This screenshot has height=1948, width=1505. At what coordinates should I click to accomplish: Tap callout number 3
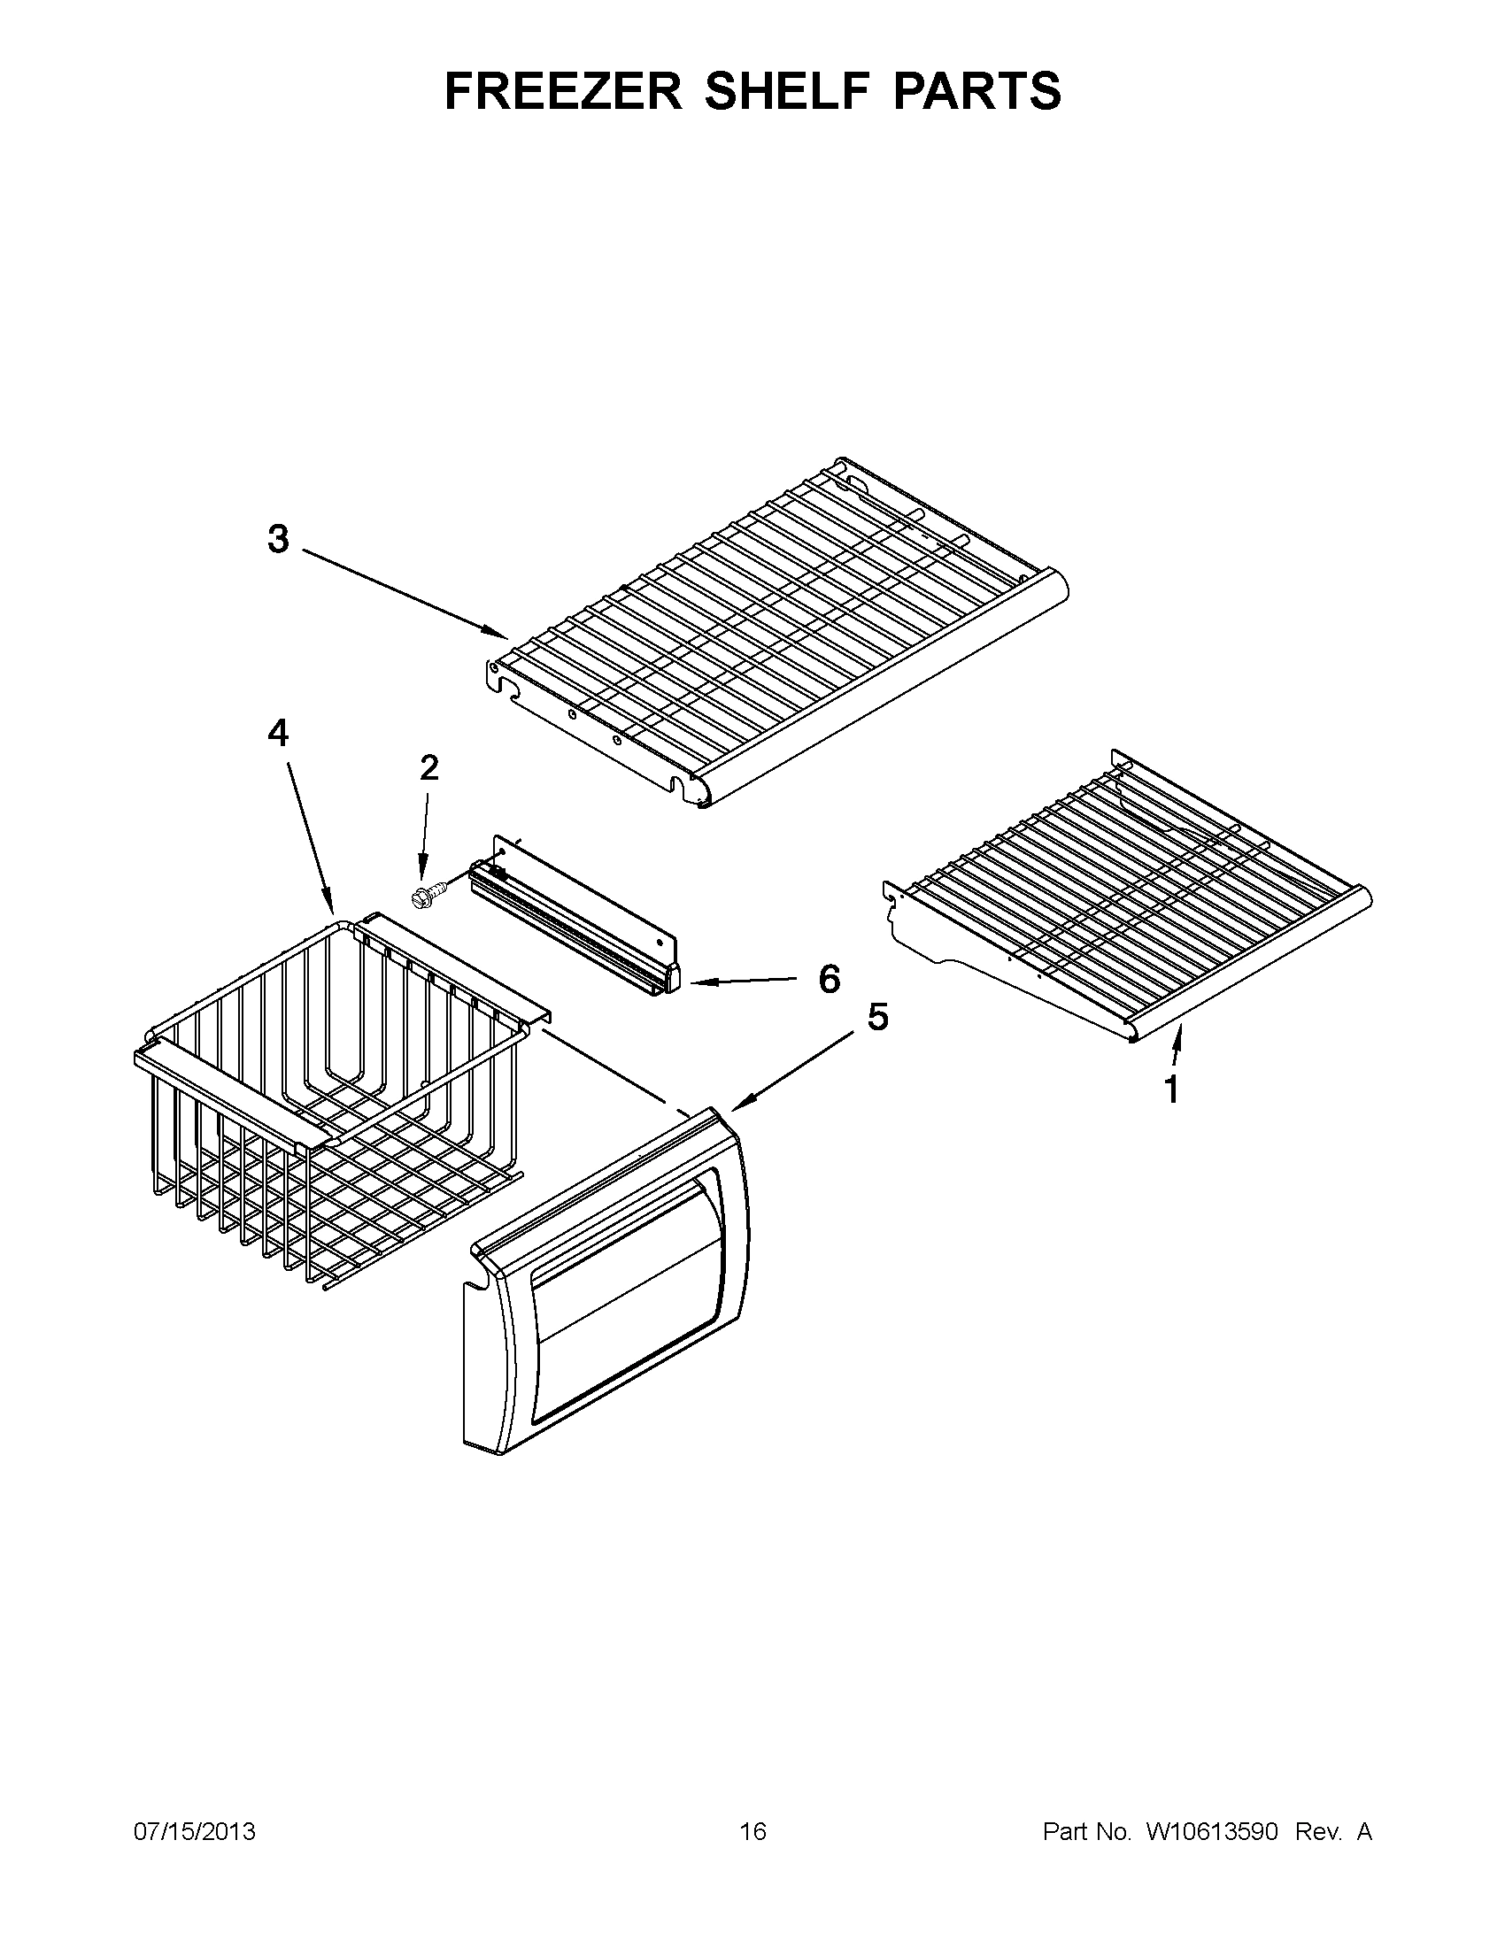click(278, 540)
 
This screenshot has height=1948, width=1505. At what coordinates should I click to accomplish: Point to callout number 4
click(278, 733)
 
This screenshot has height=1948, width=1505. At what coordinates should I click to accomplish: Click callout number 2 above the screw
click(429, 768)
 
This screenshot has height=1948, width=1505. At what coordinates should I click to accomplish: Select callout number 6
click(829, 980)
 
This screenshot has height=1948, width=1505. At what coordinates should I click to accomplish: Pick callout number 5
click(878, 1017)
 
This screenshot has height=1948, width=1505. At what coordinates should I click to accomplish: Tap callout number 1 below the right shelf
click(1171, 1089)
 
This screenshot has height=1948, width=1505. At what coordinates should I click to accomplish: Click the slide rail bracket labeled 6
click(580, 928)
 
